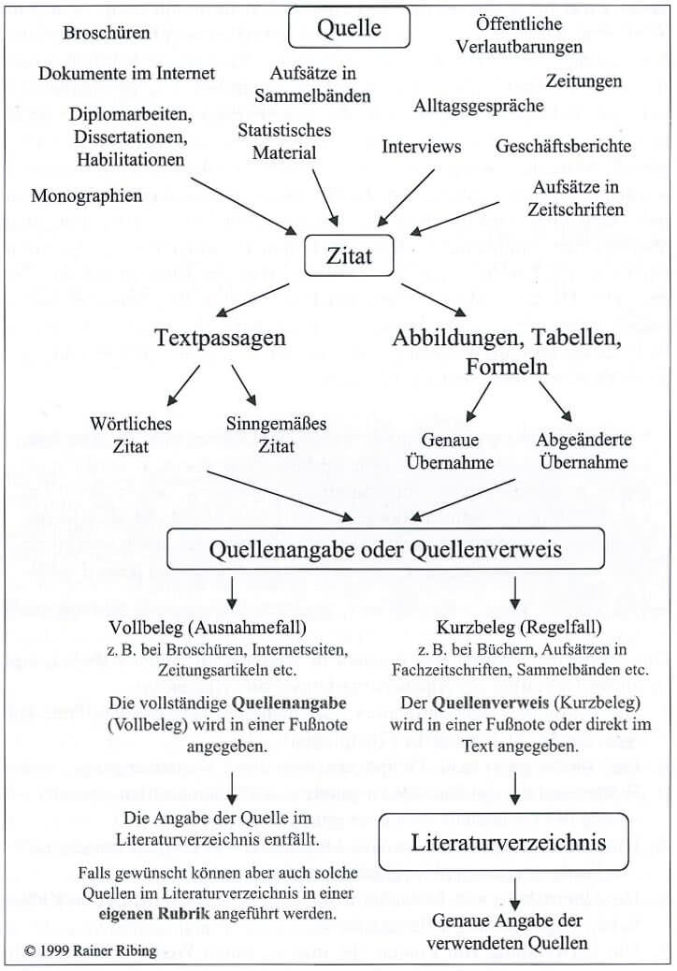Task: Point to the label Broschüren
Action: [107, 33]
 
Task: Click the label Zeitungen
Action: [583, 80]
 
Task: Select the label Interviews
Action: [422, 146]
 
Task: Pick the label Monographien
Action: [87, 196]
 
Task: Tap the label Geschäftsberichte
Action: [564, 146]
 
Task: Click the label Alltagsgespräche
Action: [479, 106]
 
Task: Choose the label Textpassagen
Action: [221, 338]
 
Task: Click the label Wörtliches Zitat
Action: [132, 435]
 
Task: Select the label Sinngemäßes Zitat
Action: [276, 435]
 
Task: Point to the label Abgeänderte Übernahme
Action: [584, 450]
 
